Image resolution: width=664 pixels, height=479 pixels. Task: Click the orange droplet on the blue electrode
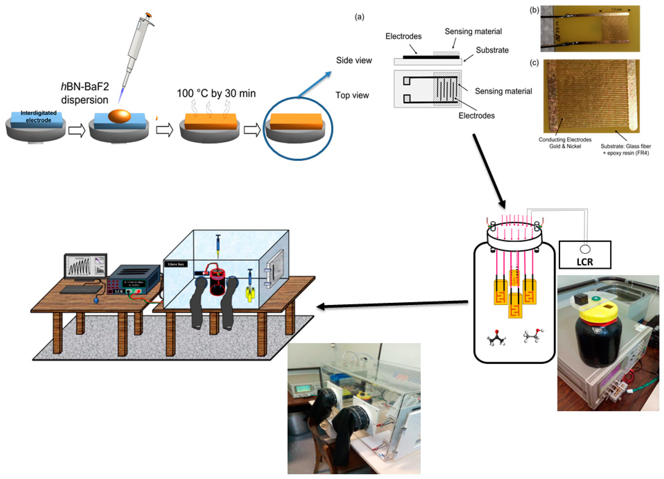[119, 116]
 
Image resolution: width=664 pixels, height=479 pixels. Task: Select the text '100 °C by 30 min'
[216, 93]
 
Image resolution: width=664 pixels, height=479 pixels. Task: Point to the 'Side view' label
[354, 60]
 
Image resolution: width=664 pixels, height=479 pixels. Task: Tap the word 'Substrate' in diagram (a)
[492, 50]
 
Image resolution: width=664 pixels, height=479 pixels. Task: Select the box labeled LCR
[585, 255]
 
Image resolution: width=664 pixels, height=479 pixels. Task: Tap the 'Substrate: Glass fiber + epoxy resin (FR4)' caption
[626, 149]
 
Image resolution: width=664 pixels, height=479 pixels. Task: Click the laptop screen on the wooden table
[85, 266]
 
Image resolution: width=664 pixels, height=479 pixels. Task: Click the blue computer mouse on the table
[96, 300]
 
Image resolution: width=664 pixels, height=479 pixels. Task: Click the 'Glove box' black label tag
[176, 264]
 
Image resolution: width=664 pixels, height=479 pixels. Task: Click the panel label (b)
[534, 10]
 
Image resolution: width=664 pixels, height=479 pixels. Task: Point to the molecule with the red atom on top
[496, 338]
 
